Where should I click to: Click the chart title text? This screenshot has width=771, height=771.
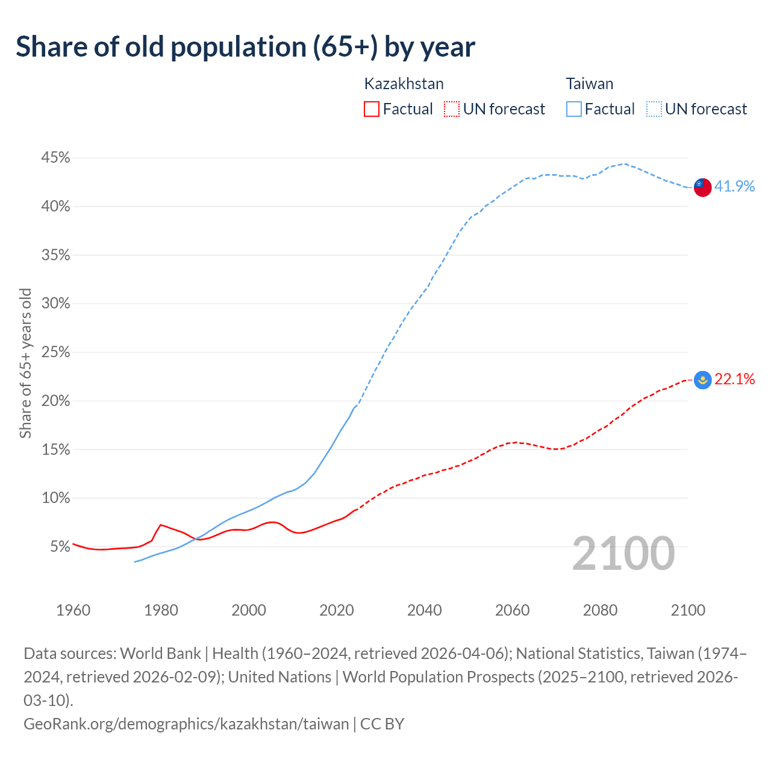pos(245,47)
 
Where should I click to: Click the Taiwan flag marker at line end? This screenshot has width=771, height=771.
pos(702,187)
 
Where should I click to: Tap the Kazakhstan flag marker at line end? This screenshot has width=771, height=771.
pos(702,380)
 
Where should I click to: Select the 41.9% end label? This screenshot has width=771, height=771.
pos(734,187)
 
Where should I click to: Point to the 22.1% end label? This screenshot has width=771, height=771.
pos(734,379)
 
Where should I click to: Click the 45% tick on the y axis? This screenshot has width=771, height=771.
pos(55,158)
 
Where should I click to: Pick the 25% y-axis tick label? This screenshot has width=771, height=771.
pos(55,352)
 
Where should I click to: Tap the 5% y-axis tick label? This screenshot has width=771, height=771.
pos(60,547)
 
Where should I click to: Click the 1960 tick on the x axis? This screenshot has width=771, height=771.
pos(73,610)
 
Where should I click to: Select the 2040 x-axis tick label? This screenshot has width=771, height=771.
pos(425,610)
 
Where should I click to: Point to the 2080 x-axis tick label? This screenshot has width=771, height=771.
pos(600,610)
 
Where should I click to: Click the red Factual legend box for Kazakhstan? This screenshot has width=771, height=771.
pos(372,109)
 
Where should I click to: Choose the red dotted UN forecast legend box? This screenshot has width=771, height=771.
pos(451,109)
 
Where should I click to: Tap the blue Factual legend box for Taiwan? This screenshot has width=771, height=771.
pos(574,109)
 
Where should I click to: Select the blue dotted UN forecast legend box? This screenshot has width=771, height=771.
pos(654,109)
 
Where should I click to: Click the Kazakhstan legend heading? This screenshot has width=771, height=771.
pos(404,84)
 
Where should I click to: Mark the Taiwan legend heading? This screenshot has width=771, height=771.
pos(589,84)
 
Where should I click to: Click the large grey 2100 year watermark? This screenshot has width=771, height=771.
pos(623,554)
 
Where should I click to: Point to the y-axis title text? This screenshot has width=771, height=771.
pos(25,363)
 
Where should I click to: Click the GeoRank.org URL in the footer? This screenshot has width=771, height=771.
pos(186,723)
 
